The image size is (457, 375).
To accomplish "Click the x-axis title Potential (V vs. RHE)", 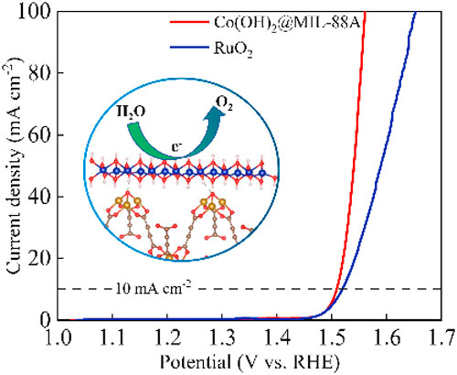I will pos(247,360).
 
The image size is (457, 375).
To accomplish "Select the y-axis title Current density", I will pos(14,165).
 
